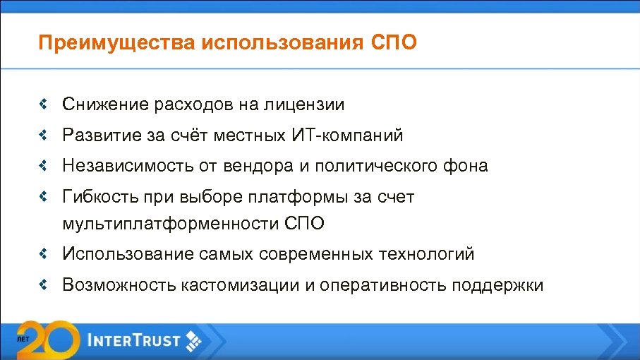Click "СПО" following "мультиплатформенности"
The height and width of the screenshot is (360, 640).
[x=306, y=224]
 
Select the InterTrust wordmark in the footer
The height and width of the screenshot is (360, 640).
[x=134, y=342]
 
